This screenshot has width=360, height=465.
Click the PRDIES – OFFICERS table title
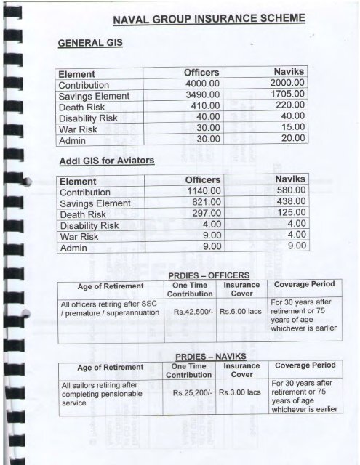coord(209,275)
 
